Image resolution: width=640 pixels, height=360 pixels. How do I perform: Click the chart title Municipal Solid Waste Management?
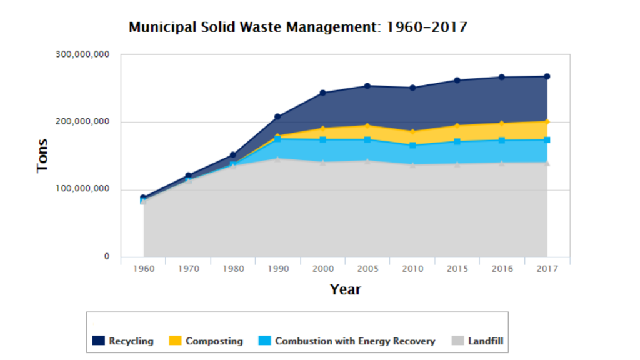coord(297,27)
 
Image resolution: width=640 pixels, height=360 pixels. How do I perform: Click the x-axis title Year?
coord(345,289)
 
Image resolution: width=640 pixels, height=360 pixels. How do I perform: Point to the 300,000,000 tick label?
coord(82,54)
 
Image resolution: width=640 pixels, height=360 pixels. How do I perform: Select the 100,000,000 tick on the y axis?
coord(82,189)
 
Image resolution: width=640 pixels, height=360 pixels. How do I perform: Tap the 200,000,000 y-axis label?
coord(82,122)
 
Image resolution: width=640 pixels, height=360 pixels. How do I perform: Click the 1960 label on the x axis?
coord(144,269)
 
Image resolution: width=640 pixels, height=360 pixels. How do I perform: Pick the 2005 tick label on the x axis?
coord(367,269)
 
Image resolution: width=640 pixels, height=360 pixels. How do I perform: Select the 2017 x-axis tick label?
coord(547,269)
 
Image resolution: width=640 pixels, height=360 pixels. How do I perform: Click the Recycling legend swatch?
coord(99,341)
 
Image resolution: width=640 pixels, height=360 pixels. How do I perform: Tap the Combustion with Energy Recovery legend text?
coord(354,341)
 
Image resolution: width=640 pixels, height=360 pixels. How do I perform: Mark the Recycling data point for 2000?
coord(323,93)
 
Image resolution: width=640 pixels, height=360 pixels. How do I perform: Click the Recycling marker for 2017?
coord(547,76)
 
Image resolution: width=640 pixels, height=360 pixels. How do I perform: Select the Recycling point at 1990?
coord(278,117)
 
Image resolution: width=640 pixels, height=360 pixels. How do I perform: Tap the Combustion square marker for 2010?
coord(412,146)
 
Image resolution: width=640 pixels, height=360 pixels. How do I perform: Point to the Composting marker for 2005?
coord(367,126)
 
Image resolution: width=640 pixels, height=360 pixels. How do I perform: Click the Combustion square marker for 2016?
coord(502,141)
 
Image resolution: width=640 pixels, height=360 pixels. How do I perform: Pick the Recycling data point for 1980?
coord(233,155)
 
